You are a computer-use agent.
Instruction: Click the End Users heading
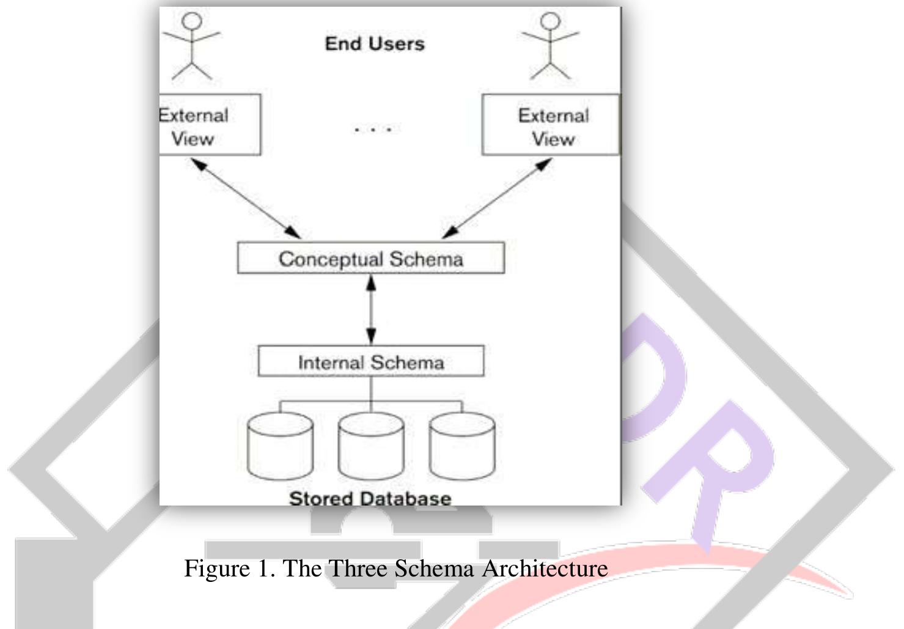(x=375, y=44)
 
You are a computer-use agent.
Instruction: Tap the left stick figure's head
(x=193, y=21)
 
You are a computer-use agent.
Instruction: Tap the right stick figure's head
(x=551, y=21)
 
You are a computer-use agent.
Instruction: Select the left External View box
(x=209, y=125)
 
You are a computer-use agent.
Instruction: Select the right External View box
(x=551, y=125)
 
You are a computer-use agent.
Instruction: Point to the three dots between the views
(x=373, y=129)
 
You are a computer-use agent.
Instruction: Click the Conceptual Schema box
(x=370, y=259)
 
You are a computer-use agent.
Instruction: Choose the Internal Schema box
(x=370, y=362)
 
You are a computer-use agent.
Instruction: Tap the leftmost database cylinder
(x=280, y=446)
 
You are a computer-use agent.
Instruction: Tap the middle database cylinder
(x=370, y=446)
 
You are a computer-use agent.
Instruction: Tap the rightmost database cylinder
(x=461, y=446)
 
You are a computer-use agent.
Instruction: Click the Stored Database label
(x=370, y=498)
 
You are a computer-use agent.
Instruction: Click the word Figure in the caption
(x=217, y=569)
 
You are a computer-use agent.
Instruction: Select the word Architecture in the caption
(x=545, y=569)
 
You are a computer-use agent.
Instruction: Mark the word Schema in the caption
(x=434, y=569)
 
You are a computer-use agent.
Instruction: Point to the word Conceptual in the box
(x=331, y=259)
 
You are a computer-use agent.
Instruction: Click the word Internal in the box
(x=331, y=362)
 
